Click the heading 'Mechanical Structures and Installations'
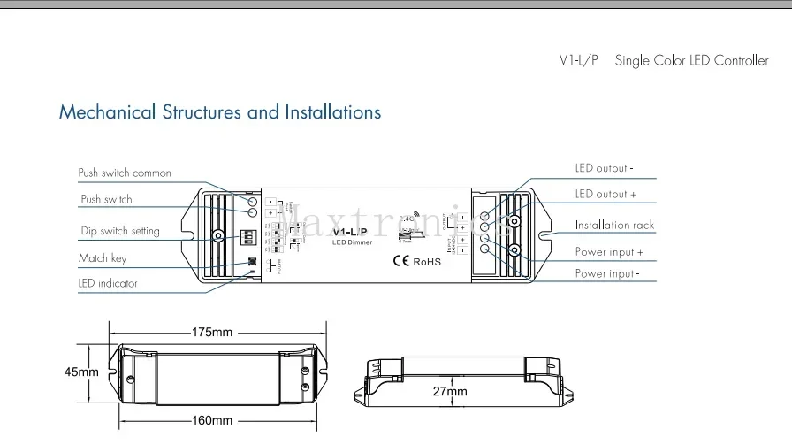[220, 112]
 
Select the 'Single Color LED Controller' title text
[691, 61]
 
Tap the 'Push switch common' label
[125, 173]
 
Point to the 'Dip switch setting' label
[120, 231]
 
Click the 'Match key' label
[103, 258]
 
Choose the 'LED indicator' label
[108, 284]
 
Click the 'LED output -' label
[605, 168]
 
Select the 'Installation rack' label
[614, 226]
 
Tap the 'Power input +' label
[609, 252]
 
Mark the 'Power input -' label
[606, 274]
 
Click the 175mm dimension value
[212, 333]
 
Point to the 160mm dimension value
[211, 420]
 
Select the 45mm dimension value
[81, 372]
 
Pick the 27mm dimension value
[450, 391]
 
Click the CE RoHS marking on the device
[415, 261]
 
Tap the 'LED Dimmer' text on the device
[352, 242]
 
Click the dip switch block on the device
[252, 237]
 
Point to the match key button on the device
[252, 263]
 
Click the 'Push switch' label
[106, 200]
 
